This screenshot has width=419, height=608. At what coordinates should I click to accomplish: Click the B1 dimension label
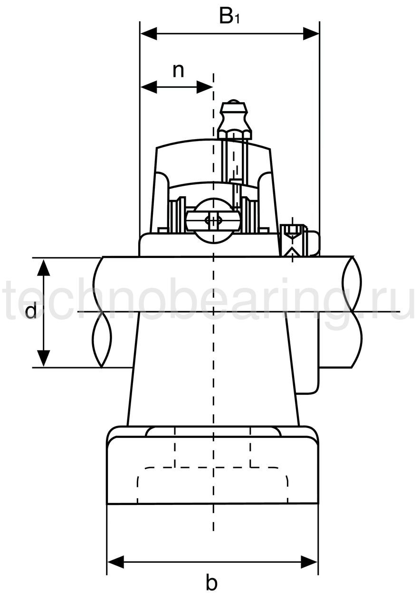[229, 17]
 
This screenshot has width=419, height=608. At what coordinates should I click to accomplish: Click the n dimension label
[178, 71]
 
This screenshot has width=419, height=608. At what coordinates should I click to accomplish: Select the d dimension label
[31, 311]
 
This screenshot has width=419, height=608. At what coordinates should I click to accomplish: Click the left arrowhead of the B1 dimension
[149, 34]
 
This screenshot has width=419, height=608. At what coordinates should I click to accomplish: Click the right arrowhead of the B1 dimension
[311, 34]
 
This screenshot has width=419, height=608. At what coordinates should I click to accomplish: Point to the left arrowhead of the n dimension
[149, 87]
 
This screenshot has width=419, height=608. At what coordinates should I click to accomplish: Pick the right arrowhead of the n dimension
[205, 87]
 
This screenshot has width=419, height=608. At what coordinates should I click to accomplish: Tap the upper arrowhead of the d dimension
[43, 267]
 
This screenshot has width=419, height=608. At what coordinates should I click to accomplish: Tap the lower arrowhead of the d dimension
[43, 359]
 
